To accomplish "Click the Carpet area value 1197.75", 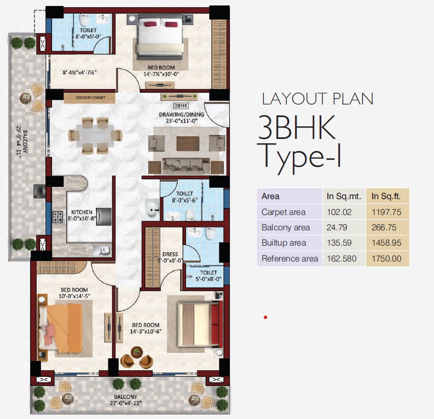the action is point(386,212).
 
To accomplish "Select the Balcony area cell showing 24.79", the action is point(337,228).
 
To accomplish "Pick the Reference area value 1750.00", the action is point(386,259).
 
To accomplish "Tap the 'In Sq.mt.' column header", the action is point(344,196).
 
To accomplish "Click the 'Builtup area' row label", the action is point(283,243).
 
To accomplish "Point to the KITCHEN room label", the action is point(82,212).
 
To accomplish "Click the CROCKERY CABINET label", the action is point(90,97).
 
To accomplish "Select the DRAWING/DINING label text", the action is point(182,114).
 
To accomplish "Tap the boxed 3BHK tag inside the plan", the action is point(181,106).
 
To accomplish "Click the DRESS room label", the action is point(170,254).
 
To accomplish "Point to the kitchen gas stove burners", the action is point(58,217).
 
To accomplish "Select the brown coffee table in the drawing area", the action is point(188,143).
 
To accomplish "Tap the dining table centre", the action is point(95,136).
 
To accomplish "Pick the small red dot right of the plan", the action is point(265,317).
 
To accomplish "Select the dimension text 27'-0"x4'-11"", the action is point(126,403).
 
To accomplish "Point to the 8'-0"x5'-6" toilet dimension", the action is point(184,200).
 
